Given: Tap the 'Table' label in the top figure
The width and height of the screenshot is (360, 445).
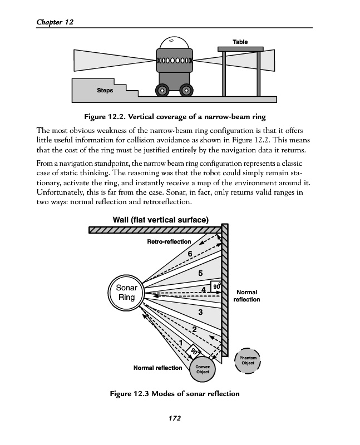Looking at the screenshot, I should (x=240, y=42).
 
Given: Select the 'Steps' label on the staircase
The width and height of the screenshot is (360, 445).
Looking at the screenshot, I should (x=105, y=90).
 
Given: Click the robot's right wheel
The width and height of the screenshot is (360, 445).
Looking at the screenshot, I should (x=186, y=90).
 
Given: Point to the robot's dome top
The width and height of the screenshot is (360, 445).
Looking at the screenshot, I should (x=174, y=44).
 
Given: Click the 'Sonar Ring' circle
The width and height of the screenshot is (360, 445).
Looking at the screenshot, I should (x=126, y=293).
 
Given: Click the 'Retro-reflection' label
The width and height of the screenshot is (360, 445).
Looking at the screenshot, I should (x=169, y=241).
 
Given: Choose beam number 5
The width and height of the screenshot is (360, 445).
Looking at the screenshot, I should (x=200, y=273).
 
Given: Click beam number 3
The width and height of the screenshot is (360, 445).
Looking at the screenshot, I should (x=199, y=313).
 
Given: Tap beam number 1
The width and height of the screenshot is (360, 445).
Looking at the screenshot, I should (x=181, y=342).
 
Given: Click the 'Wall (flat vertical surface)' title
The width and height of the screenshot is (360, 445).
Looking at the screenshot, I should (x=160, y=219).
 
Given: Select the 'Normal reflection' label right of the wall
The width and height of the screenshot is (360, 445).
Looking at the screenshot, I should (x=246, y=295).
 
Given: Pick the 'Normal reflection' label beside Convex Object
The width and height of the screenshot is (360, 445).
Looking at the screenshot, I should (x=157, y=368).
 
